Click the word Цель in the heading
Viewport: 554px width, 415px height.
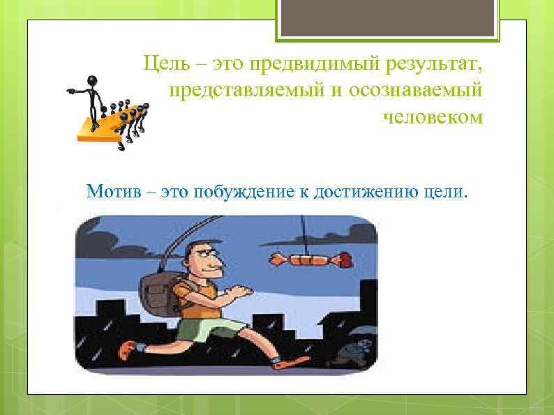pyautogui.click(x=165, y=65)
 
